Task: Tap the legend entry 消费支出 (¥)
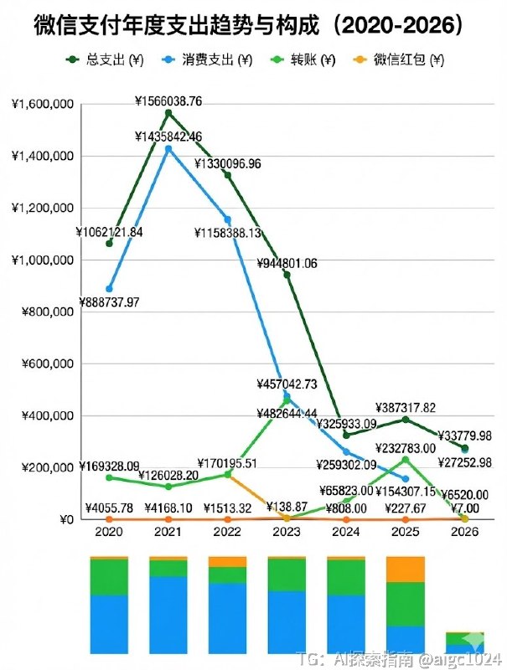pos(210,60)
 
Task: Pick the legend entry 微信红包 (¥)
pos(402,60)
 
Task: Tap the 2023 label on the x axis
pos(287,532)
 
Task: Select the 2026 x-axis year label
pos(464,532)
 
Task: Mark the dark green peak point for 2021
pos(168,113)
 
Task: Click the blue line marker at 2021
pos(168,149)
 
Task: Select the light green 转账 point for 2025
pos(406,460)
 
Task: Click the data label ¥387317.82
pos(406,407)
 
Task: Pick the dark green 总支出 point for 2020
pos(109,244)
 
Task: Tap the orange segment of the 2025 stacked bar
pos(406,569)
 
